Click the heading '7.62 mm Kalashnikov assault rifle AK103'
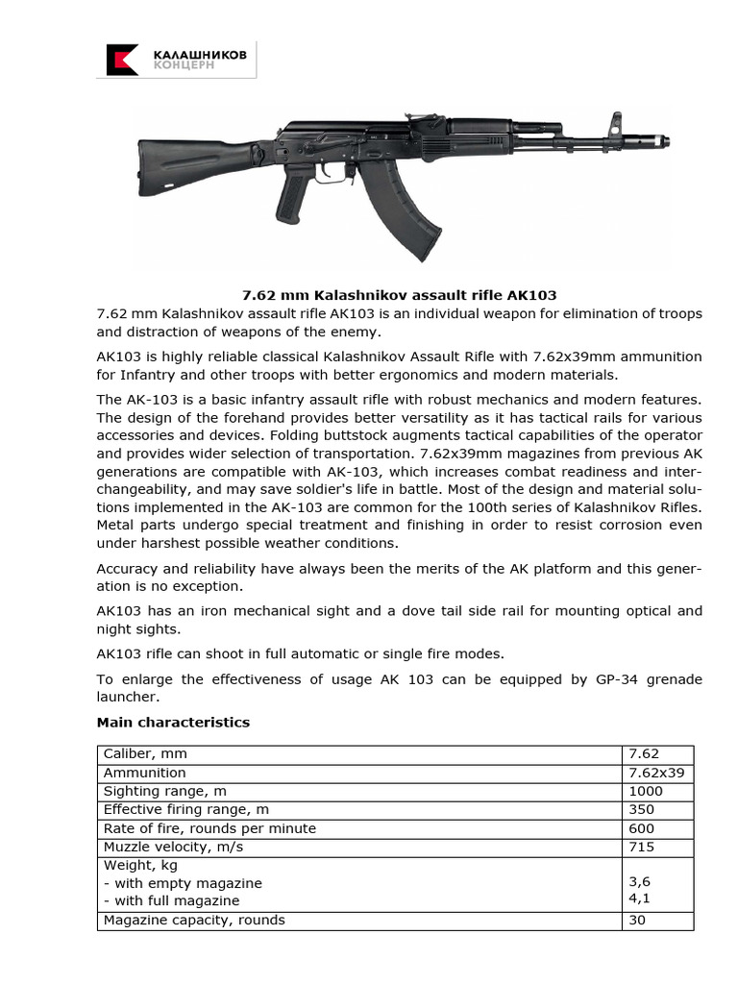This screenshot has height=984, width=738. (x=398, y=295)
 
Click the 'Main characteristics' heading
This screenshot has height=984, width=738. (x=173, y=723)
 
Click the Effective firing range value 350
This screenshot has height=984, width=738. (x=641, y=810)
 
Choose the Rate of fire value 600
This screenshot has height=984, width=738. (x=641, y=828)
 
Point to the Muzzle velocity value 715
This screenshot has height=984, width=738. (x=641, y=847)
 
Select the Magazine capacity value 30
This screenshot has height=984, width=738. (x=637, y=920)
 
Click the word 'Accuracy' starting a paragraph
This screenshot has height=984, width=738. (x=130, y=567)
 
